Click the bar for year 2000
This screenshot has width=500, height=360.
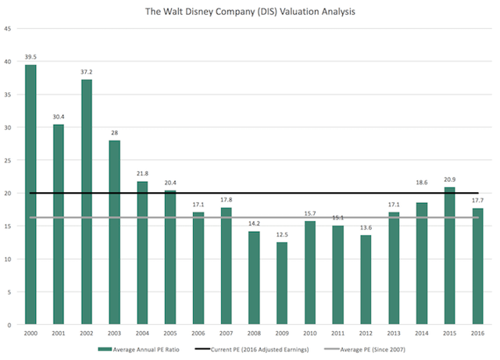pyautogui.click(x=30, y=194)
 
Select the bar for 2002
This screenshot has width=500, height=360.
pyautogui.click(x=86, y=202)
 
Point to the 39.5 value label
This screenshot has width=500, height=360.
pyautogui.click(x=30, y=56)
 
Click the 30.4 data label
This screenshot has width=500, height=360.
pyautogui.click(x=59, y=116)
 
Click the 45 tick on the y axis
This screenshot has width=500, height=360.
pyautogui.click(x=8, y=29)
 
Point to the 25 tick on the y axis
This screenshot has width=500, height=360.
pyautogui.click(x=8, y=160)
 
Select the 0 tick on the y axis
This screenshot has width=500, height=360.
pyautogui.click(x=9, y=324)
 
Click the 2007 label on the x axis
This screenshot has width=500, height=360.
pyautogui.click(x=227, y=333)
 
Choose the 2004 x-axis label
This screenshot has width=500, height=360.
pyautogui.click(x=142, y=333)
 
